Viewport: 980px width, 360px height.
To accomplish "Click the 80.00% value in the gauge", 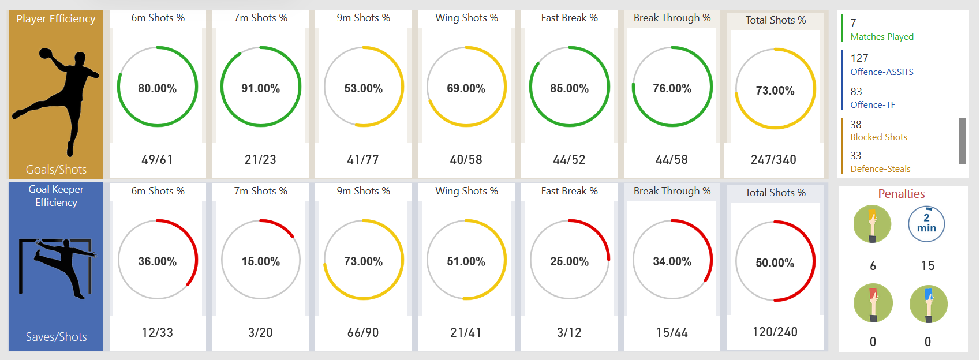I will [x=157, y=88].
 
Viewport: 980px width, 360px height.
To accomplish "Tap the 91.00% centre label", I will [x=260, y=88].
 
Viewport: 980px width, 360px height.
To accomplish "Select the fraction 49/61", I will [x=157, y=159].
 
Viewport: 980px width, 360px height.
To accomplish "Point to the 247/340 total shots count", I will [x=773, y=159].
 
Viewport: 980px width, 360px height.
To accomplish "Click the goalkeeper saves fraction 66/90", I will [x=363, y=332].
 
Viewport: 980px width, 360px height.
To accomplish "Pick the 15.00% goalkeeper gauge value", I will [x=260, y=261].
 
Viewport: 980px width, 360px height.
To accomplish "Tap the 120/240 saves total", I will [x=775, y=332].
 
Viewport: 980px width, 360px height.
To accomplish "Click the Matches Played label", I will [x=882, y=37].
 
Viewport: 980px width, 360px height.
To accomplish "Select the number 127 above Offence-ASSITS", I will [x=859, y=58].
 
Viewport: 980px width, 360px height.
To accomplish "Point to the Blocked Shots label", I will [x=878, y=137].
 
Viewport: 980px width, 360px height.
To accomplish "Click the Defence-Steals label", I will [x=880, y=169].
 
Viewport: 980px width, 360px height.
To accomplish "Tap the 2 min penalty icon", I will [x=926, y=224].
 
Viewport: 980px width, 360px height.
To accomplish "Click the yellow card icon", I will [x=872, y=224].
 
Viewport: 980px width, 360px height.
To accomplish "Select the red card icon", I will [x=873, y=303].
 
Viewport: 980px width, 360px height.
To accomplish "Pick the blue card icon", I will [x=929, y=303].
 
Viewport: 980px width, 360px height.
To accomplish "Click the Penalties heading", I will [x=901, y=194].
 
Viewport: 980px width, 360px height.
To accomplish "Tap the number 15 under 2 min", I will [x=927, y=266].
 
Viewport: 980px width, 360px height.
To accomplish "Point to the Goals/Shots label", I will [x=56, y=170].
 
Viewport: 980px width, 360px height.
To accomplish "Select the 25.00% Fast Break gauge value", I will [x=569, y=261].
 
